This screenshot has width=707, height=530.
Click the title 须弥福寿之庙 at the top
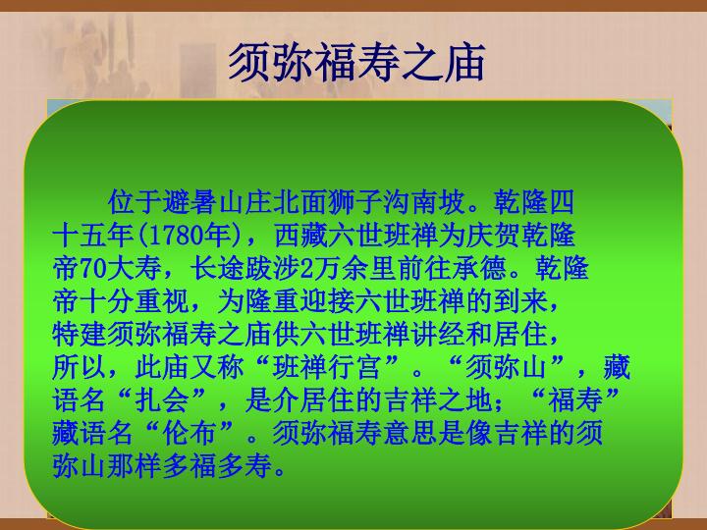coord(356,63)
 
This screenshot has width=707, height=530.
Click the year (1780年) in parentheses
coord(190,236)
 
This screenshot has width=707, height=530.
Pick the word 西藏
coord(300,236)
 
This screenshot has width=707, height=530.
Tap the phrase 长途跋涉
coord(245,268)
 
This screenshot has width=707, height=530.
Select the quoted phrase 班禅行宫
coord(326,367)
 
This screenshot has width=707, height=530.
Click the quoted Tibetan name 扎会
coord(161,400)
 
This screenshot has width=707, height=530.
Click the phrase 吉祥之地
coord(436,400)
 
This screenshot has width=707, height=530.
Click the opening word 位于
coord(135,202)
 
